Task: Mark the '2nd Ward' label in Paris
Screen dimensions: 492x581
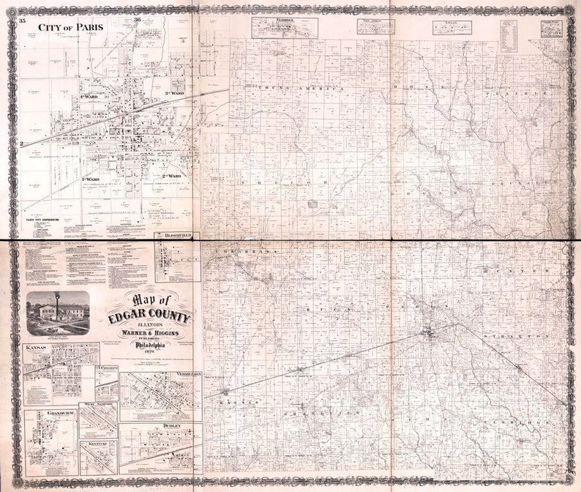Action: (171, 176)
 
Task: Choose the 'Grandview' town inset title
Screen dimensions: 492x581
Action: (41, 413)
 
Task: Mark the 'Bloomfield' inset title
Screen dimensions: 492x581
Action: (177, 236)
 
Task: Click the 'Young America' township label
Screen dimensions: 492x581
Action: (291, 89)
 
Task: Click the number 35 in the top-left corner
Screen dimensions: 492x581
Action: (22, 20)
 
